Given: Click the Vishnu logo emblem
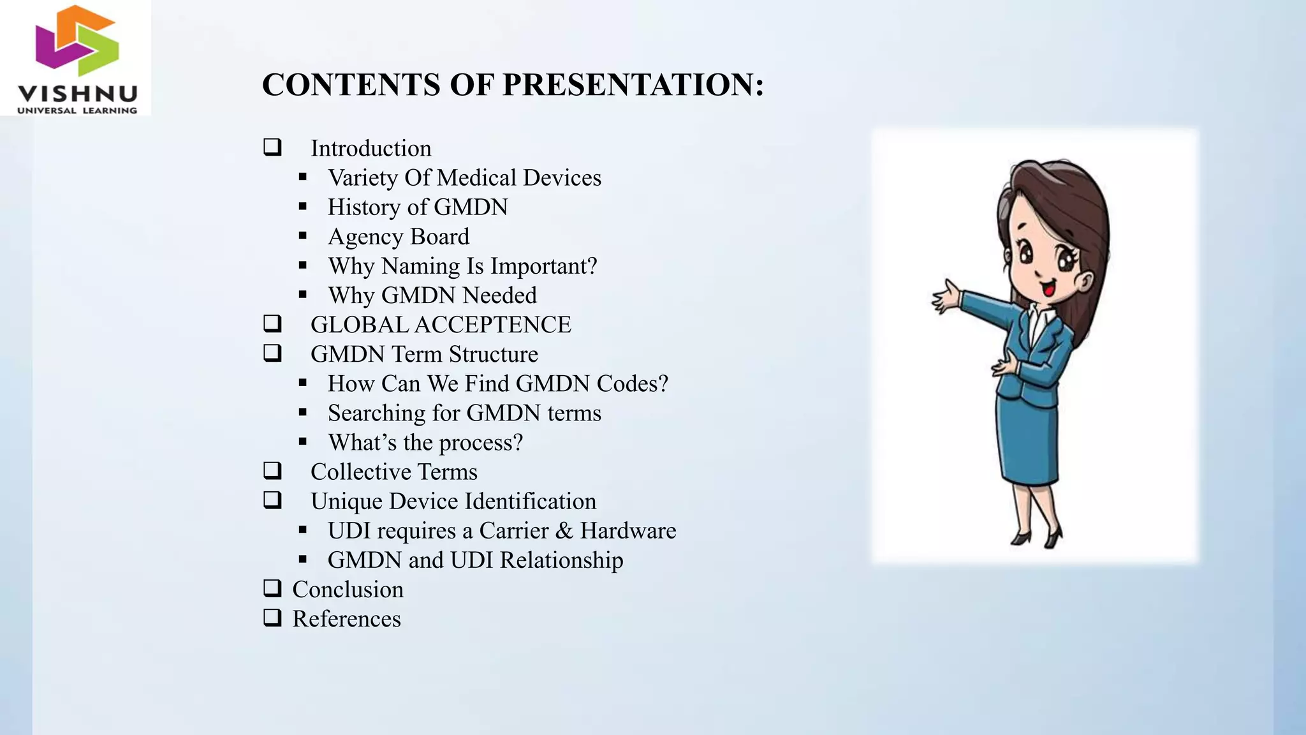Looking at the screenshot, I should [x=77, y=41].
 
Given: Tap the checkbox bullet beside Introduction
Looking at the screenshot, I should [x=272, y=147].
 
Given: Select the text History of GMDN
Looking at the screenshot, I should [x=417, y=207].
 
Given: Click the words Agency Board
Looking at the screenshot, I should [x=398, y=237].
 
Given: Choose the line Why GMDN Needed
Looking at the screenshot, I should [x=432, y=295].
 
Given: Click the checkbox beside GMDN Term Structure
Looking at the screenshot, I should [x=272, y=353].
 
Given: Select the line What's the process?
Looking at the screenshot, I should [x=425, y=442].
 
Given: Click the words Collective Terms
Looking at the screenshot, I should [x=393, y=472].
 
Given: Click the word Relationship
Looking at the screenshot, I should [x=561, y=560].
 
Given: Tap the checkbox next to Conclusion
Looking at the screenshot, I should [x=272, y=588].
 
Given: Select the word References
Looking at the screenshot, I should [x=346, y=619].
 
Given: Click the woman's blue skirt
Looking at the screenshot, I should [x=1027, y=440].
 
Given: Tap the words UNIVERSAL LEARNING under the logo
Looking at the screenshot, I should [x=77, y=110].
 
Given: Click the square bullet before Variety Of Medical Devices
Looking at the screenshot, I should [x=302, y=177].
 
